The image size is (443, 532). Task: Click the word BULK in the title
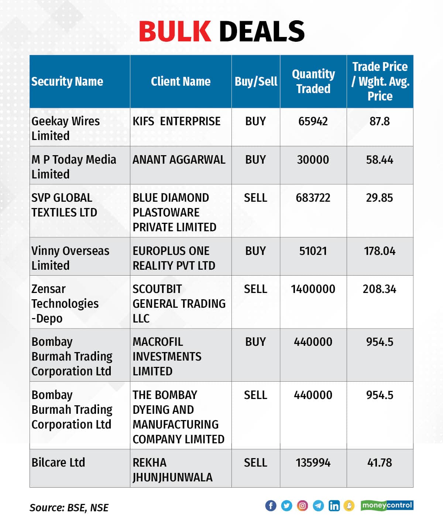[x=175, y=31]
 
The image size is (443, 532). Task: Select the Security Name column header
[x=67, y=81]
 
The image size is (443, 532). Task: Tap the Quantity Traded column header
[x=313, y=81]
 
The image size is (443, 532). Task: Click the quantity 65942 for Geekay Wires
[x=313, y=121]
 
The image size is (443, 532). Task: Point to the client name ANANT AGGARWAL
[x=179, y=160]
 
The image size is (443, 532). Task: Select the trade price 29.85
[x=380, y=198]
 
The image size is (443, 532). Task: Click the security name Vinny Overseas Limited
[x=70, y=258]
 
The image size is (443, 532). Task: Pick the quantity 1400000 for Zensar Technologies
[x=313, y=289]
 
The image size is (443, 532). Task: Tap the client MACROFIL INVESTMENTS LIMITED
[x=167, y=356]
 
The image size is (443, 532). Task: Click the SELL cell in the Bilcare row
[x=255, y=463]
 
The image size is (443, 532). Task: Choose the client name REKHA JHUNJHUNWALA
[x=172, y=470]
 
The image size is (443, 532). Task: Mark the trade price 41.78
[x=380, y=463]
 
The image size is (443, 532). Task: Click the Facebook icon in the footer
[x=271, y=505]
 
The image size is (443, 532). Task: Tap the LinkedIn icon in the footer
[x=334, y=505]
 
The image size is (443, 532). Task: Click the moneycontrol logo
[x=387, y=505]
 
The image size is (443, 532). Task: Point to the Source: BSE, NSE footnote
[x=69, y=508]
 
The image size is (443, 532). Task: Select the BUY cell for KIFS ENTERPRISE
[x=255, y=121]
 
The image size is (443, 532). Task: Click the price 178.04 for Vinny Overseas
[x=380, y=251]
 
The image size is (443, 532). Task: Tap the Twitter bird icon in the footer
[x=286, y=505]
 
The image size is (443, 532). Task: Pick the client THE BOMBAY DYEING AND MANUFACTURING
[x=178, y=417]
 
